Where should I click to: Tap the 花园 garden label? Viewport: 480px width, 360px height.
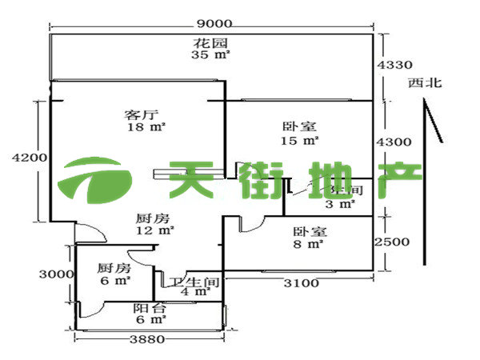point(211,43)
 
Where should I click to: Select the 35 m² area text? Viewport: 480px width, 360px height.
point(211,55)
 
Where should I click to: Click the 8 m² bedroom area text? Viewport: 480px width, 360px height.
point(309,244)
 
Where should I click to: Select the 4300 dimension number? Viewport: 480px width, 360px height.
point(394,142)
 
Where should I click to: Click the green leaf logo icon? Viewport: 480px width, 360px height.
point(95,181)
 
